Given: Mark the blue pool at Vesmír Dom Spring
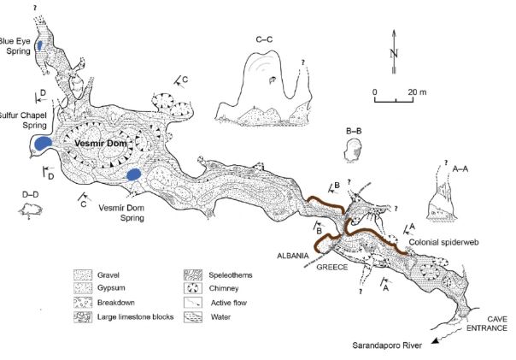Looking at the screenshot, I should (x=134, y=174).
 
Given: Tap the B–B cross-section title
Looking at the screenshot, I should (x=355, y=130).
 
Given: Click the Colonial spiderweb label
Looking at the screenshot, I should (x=444, y=242).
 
